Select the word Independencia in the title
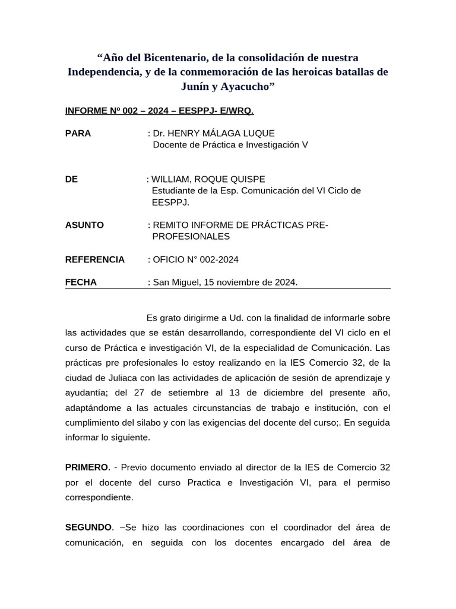(x=103, y=72)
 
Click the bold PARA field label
(x=78, y=133)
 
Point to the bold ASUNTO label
(x=84, y=225)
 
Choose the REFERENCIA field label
(x=95, y=259)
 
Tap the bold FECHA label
(x=81, y=282)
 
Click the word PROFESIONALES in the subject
(x=191, y=236)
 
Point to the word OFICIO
(x=169, y=259)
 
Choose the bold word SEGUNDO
(x=88, y=528)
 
